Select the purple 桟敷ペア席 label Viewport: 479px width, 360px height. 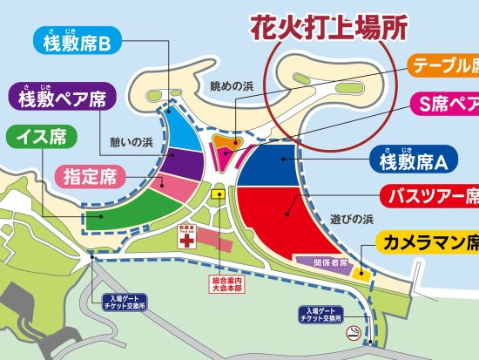pos(63,96)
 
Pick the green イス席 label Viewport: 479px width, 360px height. pos(40,137)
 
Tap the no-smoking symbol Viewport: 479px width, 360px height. pos(354,334)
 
